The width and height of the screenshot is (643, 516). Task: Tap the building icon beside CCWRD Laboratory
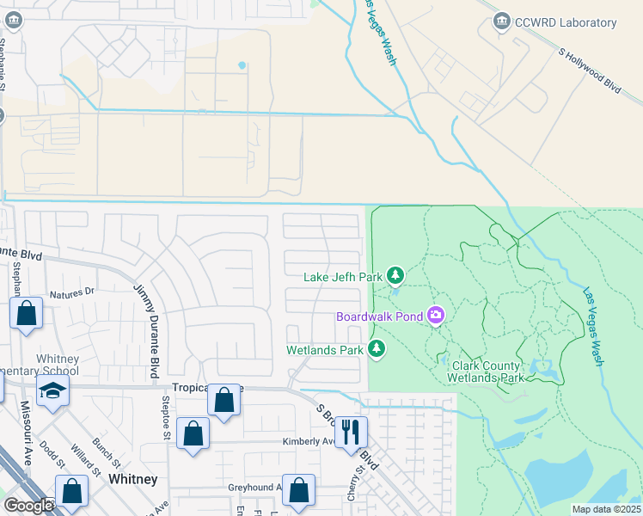[503, 22]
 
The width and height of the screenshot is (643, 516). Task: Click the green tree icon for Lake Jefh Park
[395, 275]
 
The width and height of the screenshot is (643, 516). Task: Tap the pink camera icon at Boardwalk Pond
[437, 316]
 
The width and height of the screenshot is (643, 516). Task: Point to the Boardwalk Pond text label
[379, 316]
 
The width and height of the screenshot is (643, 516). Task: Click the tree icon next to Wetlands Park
[376, 348]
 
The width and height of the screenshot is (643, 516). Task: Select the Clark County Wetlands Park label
[487, 372]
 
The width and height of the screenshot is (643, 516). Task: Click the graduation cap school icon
[52, 391]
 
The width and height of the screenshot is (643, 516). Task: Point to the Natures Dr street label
[71, 293]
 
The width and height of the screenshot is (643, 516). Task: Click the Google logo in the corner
[28, 506]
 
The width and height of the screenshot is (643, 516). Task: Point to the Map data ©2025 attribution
[606, 509]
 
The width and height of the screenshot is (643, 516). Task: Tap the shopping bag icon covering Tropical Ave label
[224, 400]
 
